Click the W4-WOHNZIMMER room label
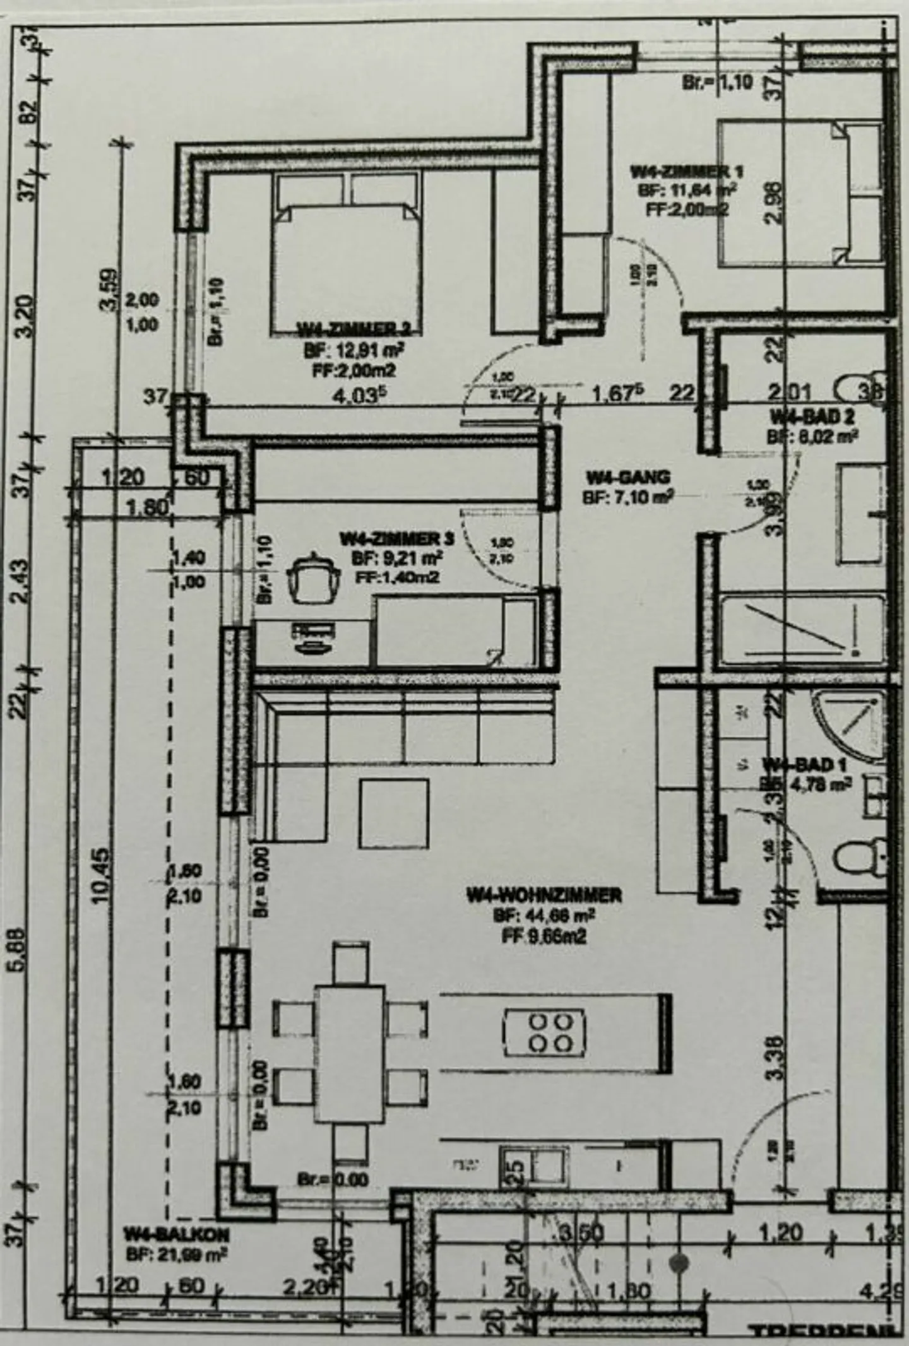(x=544, y=895)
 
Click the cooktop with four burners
(x=544, y=1032)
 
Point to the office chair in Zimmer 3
(x=314, y=577)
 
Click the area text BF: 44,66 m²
(x=544, y=916)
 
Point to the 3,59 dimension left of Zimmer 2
(x=107, y=290)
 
